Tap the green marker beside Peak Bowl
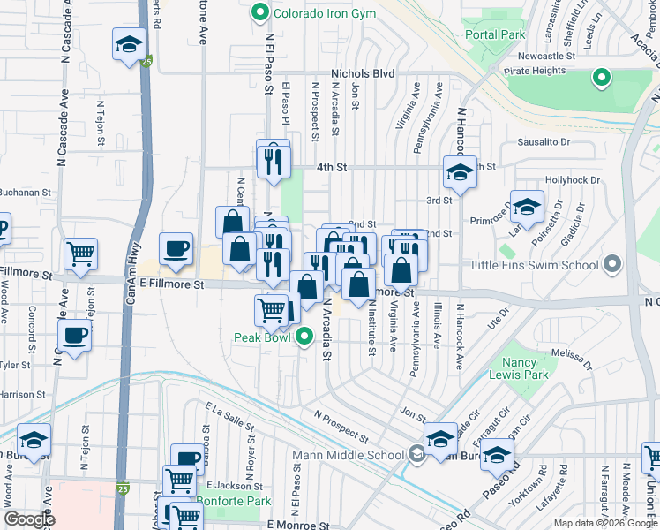[x=305, y=337]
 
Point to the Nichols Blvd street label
[x=362, y=75]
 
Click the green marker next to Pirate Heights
[x=602, y=79]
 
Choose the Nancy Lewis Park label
[x=525, y=368]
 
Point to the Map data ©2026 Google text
[x=604, y=523]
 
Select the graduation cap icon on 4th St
[x=459, y=173]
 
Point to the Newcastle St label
[x=544, y=56]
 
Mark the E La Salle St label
[x=230, y=417]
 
